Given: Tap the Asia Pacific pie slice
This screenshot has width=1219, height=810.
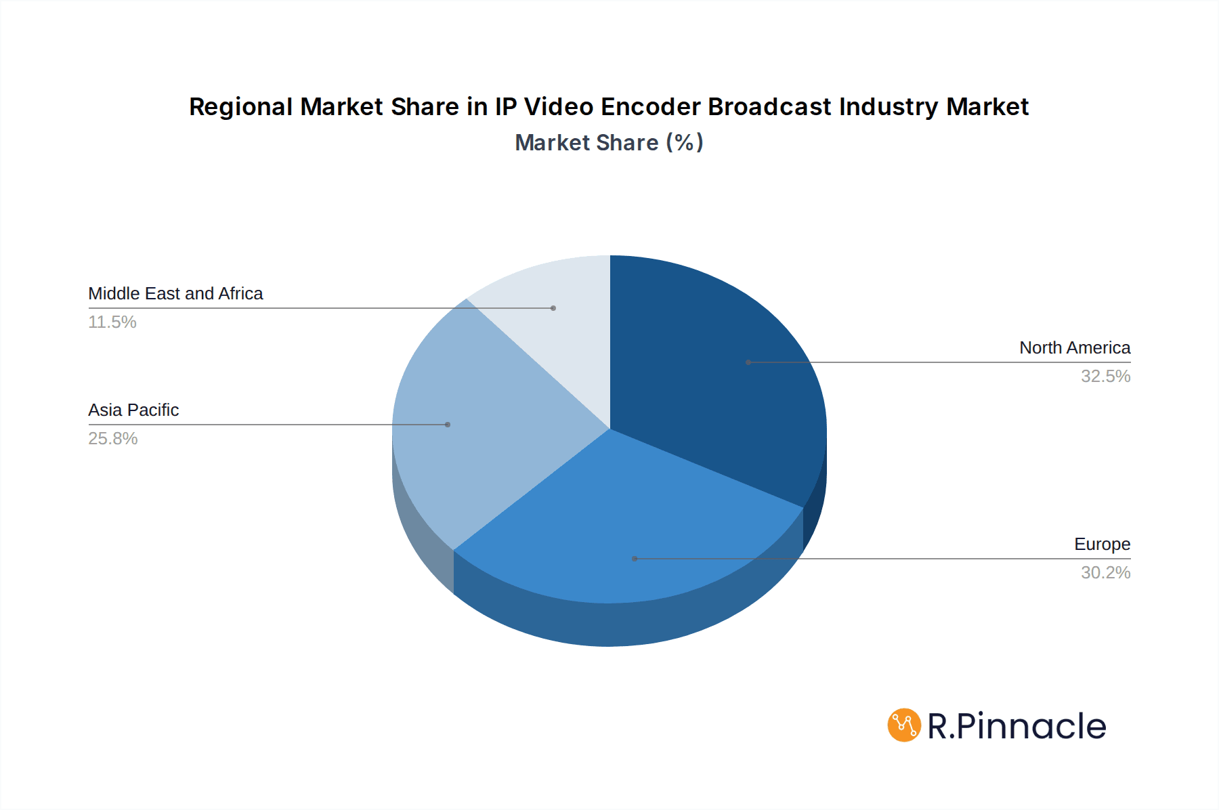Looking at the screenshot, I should coord(488,433).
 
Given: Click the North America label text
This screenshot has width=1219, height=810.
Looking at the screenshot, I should coord(1074,348).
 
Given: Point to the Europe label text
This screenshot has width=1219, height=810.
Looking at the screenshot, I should coord(1102,545).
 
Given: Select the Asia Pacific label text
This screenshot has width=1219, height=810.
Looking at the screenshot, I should coord(133,410).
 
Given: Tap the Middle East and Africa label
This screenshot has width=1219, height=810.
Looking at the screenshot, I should coord(175,294).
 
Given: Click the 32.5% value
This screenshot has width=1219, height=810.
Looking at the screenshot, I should coord(1105,377).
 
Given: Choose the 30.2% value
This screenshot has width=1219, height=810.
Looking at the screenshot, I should coord(1105,573).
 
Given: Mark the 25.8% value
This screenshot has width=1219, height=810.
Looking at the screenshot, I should coord(113,439).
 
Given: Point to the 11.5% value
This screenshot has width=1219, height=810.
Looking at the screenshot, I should coord(112,322).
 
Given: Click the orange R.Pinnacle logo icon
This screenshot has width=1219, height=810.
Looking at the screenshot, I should coord(904,725).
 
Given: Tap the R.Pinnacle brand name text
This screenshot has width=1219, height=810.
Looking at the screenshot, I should coord(1017,726).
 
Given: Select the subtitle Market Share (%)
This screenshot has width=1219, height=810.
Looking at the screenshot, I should coord(609,143).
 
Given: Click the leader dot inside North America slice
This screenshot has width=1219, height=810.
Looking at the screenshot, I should coord(748,362).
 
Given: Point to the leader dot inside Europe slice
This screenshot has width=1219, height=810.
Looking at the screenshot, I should coord(635,559).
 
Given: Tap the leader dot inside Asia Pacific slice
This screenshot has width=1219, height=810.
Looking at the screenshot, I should coord(448,425).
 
